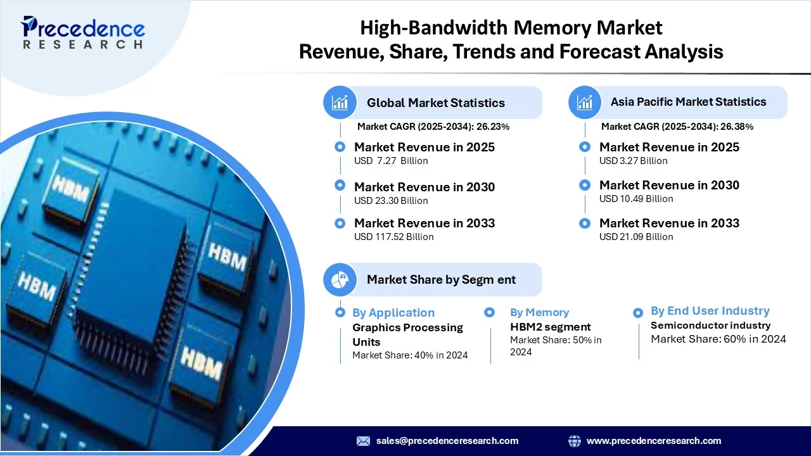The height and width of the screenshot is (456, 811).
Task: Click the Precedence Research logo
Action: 83,32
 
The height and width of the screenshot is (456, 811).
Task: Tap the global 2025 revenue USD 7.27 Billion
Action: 391,161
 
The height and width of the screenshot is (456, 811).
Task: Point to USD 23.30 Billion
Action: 391,201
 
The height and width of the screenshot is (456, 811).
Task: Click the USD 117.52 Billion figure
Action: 394,237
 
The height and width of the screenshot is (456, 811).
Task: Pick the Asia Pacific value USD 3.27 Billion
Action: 633,161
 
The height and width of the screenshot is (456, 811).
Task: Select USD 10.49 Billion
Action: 636,199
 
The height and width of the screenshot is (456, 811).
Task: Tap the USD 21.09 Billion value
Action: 636,237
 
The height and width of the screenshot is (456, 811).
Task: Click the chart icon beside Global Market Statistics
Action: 340,103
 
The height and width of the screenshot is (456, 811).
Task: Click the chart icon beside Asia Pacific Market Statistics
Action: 585,103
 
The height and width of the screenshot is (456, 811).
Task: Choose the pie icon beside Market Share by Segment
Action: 340,279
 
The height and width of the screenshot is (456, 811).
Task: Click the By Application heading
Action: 393,313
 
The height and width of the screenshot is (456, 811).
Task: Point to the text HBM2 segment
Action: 551,327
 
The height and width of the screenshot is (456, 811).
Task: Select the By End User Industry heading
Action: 710,311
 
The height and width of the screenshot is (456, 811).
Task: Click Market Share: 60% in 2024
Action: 718,339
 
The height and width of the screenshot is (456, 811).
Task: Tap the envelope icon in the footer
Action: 363,441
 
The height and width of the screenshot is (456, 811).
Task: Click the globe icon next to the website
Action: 575,441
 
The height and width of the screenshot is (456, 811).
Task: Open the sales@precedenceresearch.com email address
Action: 447,441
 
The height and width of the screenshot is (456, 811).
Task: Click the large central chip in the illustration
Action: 131,264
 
